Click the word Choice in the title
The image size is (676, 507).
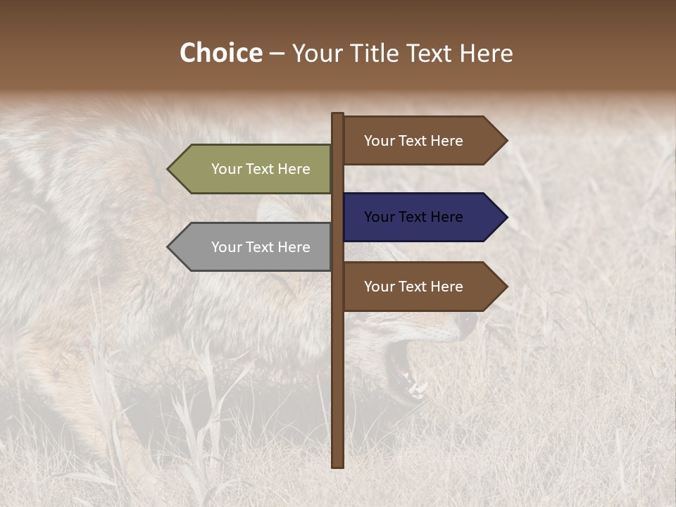220,54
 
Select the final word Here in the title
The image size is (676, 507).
487,54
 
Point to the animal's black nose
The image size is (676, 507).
466,323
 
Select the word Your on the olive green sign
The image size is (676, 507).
227,169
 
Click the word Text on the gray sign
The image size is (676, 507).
261,247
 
